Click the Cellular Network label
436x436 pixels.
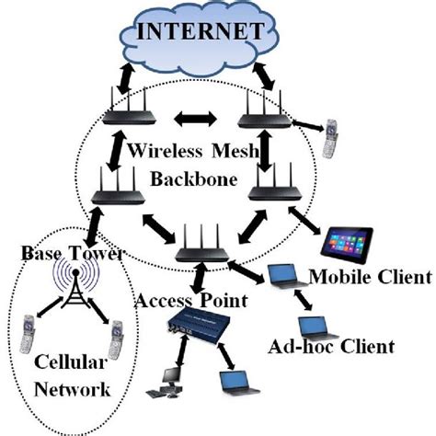[x=70, y=377]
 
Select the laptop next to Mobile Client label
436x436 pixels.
[x=282, y=276]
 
